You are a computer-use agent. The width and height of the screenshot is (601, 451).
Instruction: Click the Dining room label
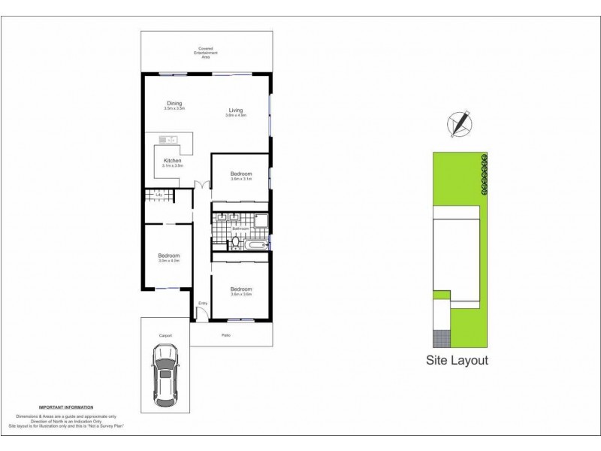tap(174, 105)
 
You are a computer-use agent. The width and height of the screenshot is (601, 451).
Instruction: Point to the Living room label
tap(236, 112)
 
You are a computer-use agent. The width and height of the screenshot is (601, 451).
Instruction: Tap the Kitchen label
tap(172, 161)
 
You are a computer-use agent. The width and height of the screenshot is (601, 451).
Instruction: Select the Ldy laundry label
tap(159, 196)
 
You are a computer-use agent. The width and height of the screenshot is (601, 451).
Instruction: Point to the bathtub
tap(255, 245)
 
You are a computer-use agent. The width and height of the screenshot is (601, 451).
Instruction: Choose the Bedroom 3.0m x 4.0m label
tap(168, 258)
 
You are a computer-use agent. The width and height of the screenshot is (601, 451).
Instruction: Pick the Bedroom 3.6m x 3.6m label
tap(240, 291)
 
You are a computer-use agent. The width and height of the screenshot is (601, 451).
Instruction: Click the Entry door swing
tap(201, 311)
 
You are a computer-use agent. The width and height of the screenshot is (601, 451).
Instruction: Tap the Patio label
tap(225, 335)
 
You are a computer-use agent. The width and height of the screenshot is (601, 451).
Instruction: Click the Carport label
tap(165, 335)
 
